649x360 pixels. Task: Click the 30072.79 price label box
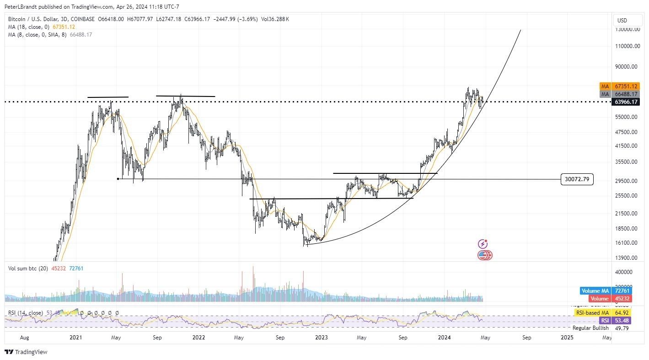tap(577, 179)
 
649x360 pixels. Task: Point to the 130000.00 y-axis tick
tap(627, 29)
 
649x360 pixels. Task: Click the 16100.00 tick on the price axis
tap(627, 243)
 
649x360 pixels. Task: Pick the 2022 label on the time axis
tap(198, 338)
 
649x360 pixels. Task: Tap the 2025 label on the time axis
tap(567, 338)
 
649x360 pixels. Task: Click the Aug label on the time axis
tap(25, 338)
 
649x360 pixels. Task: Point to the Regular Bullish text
tap(590, 328)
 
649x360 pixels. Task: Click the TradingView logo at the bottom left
tap(26, 352)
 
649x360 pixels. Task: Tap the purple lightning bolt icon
tap(483, 244)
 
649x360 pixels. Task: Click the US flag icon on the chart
tap(483, 255)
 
